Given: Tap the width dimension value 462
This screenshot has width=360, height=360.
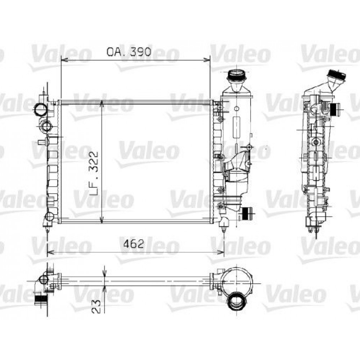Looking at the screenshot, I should point(134,244).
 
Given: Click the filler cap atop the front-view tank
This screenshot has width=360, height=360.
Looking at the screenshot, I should point(236,76).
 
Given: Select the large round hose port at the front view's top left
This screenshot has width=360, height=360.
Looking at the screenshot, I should point(40,108).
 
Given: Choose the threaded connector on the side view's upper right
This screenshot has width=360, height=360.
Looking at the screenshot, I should point(335,108).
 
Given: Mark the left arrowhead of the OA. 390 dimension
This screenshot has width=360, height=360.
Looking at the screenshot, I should point(63,59).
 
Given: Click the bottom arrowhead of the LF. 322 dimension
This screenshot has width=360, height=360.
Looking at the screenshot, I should point(103,220).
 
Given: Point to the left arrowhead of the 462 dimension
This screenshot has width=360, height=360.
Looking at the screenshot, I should point(50,251).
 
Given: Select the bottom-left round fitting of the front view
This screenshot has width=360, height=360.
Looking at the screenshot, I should point(49,217).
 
